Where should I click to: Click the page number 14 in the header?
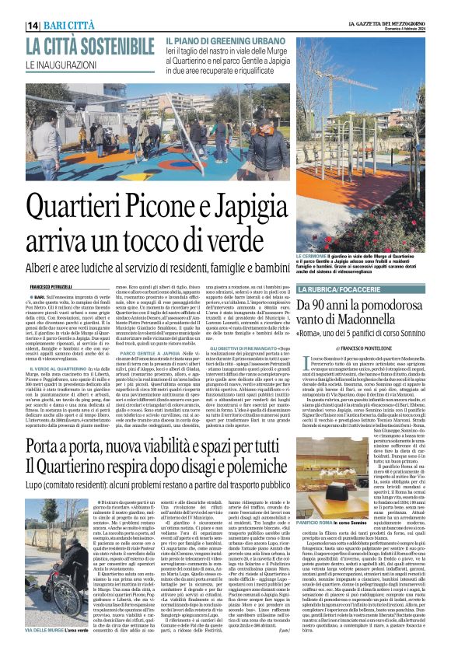pos(33,26)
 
